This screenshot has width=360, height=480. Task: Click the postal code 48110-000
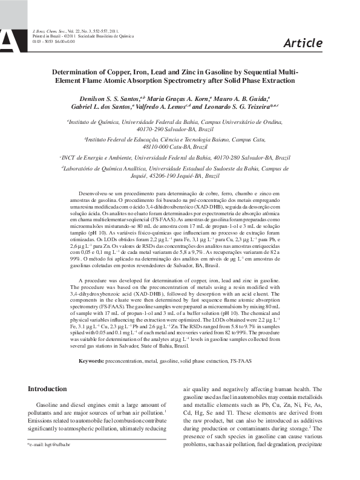[x=157, y=146]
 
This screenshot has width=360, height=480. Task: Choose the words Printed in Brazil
[x=44, y=36]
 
